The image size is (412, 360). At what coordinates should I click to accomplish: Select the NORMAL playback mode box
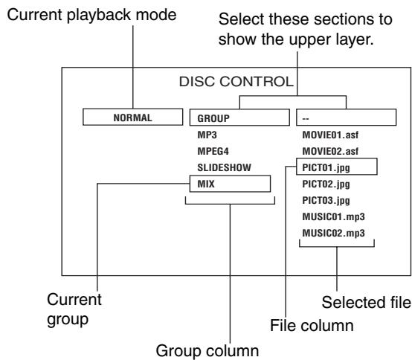click(132, 117)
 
